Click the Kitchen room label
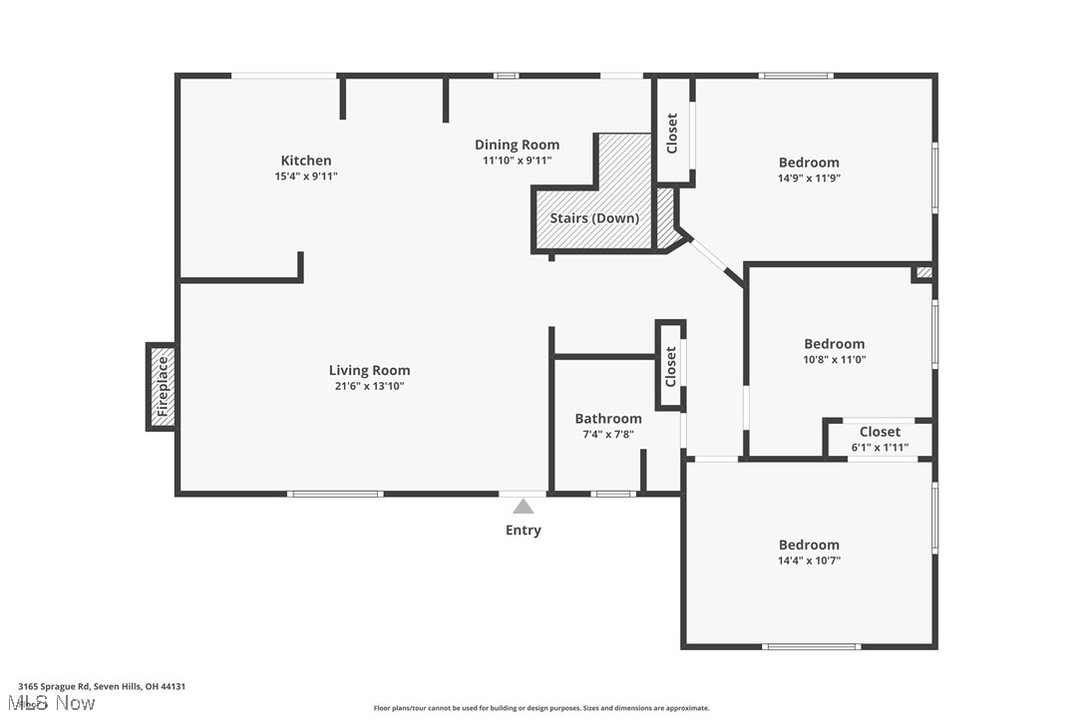coord(305,161)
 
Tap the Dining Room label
coord(517,145)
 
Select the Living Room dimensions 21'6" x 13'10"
coord(369,386)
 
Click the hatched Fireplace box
coord(163,387)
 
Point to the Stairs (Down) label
coord(594,218)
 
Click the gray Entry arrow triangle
coord(524,507)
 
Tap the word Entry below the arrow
coord(524,531)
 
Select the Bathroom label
coord(608,419)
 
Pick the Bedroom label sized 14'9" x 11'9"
coord(809,163)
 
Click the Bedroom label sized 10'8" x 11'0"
coord(835,344)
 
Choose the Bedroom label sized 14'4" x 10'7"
coord(809,544)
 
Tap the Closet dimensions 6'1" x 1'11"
coord(880,448)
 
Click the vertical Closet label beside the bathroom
coord(670,366)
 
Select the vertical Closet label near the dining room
coord(672,132)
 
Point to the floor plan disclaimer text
coord(541,708)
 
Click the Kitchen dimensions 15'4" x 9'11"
coord(306,177)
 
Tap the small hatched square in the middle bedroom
coord(924,272)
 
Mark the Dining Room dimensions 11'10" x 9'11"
coord(517,161)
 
